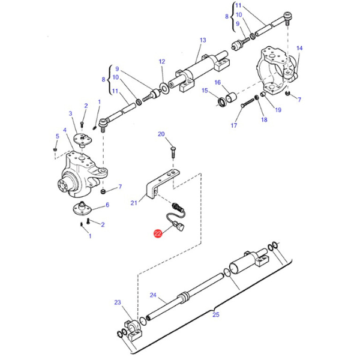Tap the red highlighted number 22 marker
pos(158,235)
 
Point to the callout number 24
pos(153,295)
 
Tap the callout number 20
pos(161,134)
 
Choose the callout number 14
pos(299,48)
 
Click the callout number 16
pos(217,82)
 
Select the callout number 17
pos(235,125)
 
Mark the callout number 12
pos(161,62)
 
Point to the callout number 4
pos(64,130)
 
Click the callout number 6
pos(107,205)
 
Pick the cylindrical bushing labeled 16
pos(231,97)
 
